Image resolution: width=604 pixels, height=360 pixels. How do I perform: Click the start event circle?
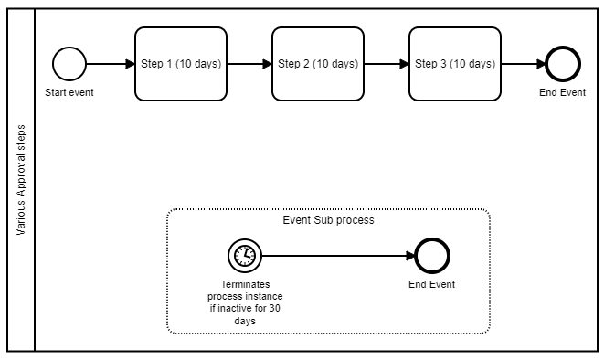point(69,64)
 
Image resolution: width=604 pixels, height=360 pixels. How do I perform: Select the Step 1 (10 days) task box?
point(180,64)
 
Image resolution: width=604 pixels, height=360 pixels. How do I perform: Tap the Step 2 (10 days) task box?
point(317,64)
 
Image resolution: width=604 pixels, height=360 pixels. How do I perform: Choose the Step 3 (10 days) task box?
point(454,64)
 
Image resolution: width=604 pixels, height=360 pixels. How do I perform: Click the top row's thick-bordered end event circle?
point(563,64)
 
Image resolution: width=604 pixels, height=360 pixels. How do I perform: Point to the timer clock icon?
point(244,256)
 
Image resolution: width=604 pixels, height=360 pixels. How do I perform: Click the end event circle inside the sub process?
point(431,256)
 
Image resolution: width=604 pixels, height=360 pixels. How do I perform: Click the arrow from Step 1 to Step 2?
point(249,64)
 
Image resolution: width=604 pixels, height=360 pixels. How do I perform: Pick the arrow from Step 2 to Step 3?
point(386,64)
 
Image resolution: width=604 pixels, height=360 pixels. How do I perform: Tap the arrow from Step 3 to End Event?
point(523,64)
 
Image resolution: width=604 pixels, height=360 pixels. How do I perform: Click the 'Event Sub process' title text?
point(329,220)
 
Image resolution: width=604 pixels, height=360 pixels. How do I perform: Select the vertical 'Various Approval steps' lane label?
point(21,180)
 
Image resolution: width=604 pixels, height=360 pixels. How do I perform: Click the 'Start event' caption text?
point(69,92)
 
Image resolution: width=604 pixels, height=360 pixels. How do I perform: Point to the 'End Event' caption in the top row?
point(563,92)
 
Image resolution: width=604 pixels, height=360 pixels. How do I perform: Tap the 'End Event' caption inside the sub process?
point(431,284)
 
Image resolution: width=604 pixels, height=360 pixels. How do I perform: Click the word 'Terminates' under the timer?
point(244,284)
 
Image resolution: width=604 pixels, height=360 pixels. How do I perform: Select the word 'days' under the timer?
point(244,320)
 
